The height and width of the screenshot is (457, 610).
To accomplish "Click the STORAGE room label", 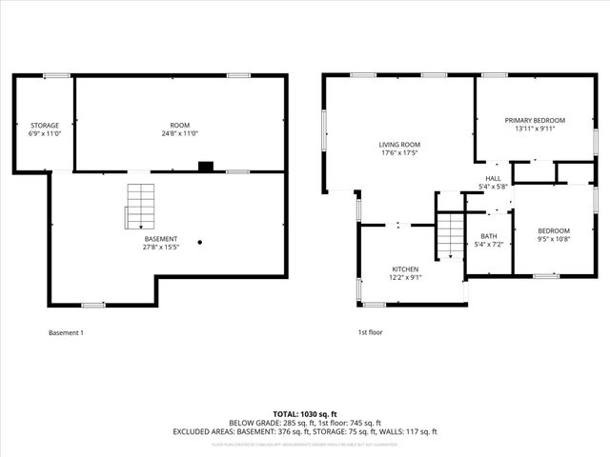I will coord(44,125).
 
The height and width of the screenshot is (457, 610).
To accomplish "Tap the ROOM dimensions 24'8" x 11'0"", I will coord(180,134).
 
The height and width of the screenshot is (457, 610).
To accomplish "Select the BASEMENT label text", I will coord(159,238).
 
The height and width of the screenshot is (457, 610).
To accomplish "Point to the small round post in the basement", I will coord(200,242).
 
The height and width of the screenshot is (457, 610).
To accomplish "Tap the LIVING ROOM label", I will coord(399,144).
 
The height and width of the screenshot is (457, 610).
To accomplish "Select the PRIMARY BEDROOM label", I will coord(534,120).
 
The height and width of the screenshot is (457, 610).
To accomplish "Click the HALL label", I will coord(493,178).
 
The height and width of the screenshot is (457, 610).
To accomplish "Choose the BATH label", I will coord(489,236).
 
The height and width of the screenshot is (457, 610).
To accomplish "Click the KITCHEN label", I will coord(405,269).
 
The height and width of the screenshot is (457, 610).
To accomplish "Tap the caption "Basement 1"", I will coord(67,332).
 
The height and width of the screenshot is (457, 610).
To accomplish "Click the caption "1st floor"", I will coord(370,332).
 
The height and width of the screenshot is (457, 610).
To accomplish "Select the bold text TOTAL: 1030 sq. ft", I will coord(305,413).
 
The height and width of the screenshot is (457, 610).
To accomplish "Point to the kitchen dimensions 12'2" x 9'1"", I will coord(405,279).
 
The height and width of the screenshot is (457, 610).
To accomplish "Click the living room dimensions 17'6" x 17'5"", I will coord(399,153).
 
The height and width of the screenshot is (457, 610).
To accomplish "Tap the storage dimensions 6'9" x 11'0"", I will coord(44,134).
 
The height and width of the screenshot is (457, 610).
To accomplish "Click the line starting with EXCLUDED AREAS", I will coord(305,431).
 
